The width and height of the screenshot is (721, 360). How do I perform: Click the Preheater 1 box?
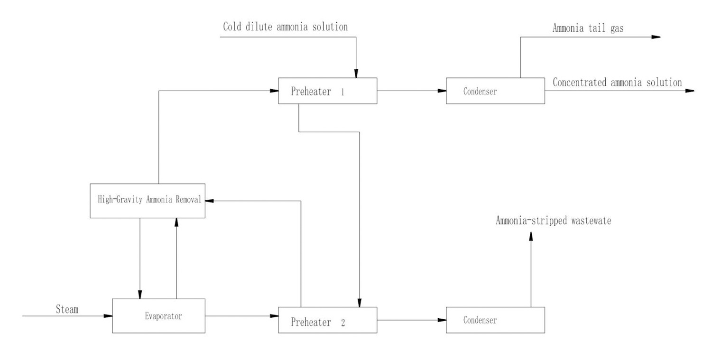click(x=327, y=91)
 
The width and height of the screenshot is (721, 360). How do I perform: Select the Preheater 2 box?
click(x=327, y=320)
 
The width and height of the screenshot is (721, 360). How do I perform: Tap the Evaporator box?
click(x=158, y=315)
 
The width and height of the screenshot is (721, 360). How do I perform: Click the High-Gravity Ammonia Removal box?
click(x=148, y=201)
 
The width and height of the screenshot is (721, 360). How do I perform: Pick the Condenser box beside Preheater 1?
click(x=495, y=91)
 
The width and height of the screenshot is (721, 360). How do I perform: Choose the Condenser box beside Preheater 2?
click(x=495, y=320)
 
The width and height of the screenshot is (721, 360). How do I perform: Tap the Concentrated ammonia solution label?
click(x=617, y=82)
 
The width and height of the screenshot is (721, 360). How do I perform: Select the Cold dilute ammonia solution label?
click(x=286, y=27)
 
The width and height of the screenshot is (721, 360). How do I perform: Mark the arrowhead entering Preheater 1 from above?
click(x=356, y=74)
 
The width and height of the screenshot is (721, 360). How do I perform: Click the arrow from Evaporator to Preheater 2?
click(x=241, y=315)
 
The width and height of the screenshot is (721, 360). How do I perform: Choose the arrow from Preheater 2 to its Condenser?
click(x=411, y=320)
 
